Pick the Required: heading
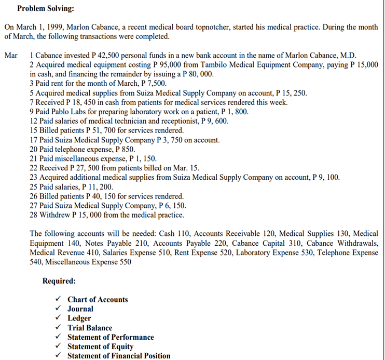coord(59,281)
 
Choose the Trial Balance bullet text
coord(89,328)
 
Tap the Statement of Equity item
coord(100,346)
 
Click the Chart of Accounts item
coord(97,300)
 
